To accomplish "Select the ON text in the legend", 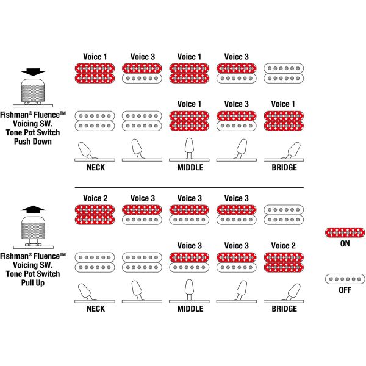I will point(345,243).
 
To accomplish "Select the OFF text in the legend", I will point(345,290).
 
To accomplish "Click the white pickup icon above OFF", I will point(345,279).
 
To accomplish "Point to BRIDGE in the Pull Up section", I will point(284,309).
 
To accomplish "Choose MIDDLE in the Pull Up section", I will point(190,309).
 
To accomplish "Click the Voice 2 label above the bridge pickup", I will point(284,246).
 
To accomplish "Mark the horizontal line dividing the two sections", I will point(189,187).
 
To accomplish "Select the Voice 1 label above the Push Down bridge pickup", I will point(284,104).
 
